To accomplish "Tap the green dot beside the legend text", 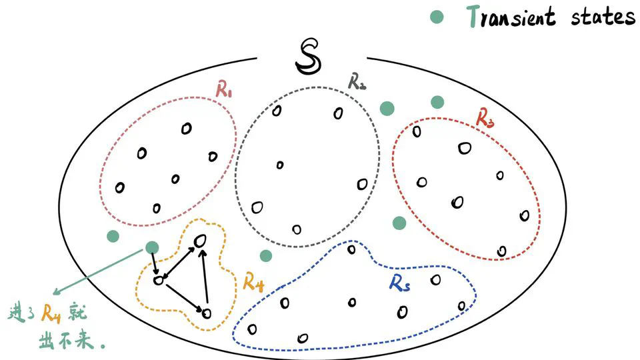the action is pos(437,18).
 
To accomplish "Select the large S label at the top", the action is pos(309,57).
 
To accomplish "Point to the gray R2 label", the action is pos(357,81).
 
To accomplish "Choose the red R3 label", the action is pos(485,117).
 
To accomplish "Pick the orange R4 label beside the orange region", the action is pos(253,282).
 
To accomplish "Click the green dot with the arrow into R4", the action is pos(152,248).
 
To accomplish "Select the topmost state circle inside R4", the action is pos(199,240).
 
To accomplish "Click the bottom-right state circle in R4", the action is pos(207,312).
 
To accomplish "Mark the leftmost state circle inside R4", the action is pos(158,281).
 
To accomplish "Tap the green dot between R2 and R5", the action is pos(265,255).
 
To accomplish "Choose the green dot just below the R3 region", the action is pos(399,222).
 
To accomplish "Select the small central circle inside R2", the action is pos(279,165).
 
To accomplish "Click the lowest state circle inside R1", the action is pos(157,208).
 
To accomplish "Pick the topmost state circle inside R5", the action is pos(351,249).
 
